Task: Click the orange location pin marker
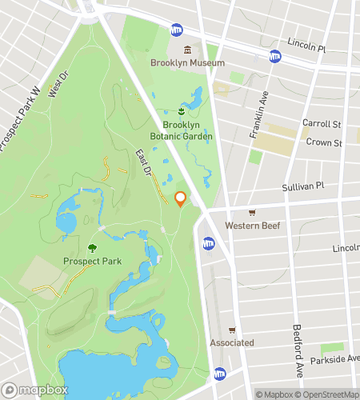click(181, 198)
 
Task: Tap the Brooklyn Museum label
click(188, 62)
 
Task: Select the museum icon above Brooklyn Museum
click(188, 50)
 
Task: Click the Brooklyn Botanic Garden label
click(187, 130)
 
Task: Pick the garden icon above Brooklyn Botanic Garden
click(182, 110)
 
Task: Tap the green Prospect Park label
click(93, 262)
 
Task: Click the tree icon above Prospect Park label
click(93, 248)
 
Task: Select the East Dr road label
click(143, 163)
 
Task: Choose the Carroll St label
click(322, 125)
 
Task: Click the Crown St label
click(322, 143)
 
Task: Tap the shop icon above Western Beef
click(252, 212)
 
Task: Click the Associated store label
click(232, 342)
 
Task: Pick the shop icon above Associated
click(232, 330)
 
